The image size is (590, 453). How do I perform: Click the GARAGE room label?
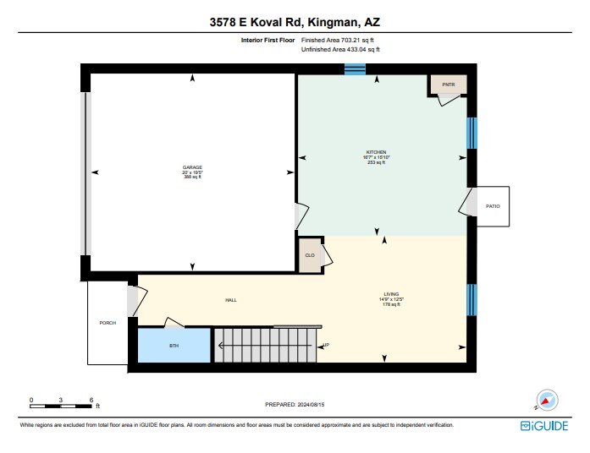point(192,168)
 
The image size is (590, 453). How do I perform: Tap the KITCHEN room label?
point(375,153)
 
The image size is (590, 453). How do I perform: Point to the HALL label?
point(230,300)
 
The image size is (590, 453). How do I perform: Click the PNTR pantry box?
point(448,85)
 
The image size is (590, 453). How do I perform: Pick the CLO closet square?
point(311,255)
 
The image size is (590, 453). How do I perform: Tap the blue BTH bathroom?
point(174,346)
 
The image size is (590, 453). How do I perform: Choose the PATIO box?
point(493,206)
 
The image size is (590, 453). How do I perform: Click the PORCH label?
point(108,323)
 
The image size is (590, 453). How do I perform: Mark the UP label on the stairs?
point(326,345)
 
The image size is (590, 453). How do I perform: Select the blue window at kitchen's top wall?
point(355,69)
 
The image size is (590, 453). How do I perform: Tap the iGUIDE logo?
point(543,427)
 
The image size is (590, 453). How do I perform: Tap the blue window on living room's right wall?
point(472,298)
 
